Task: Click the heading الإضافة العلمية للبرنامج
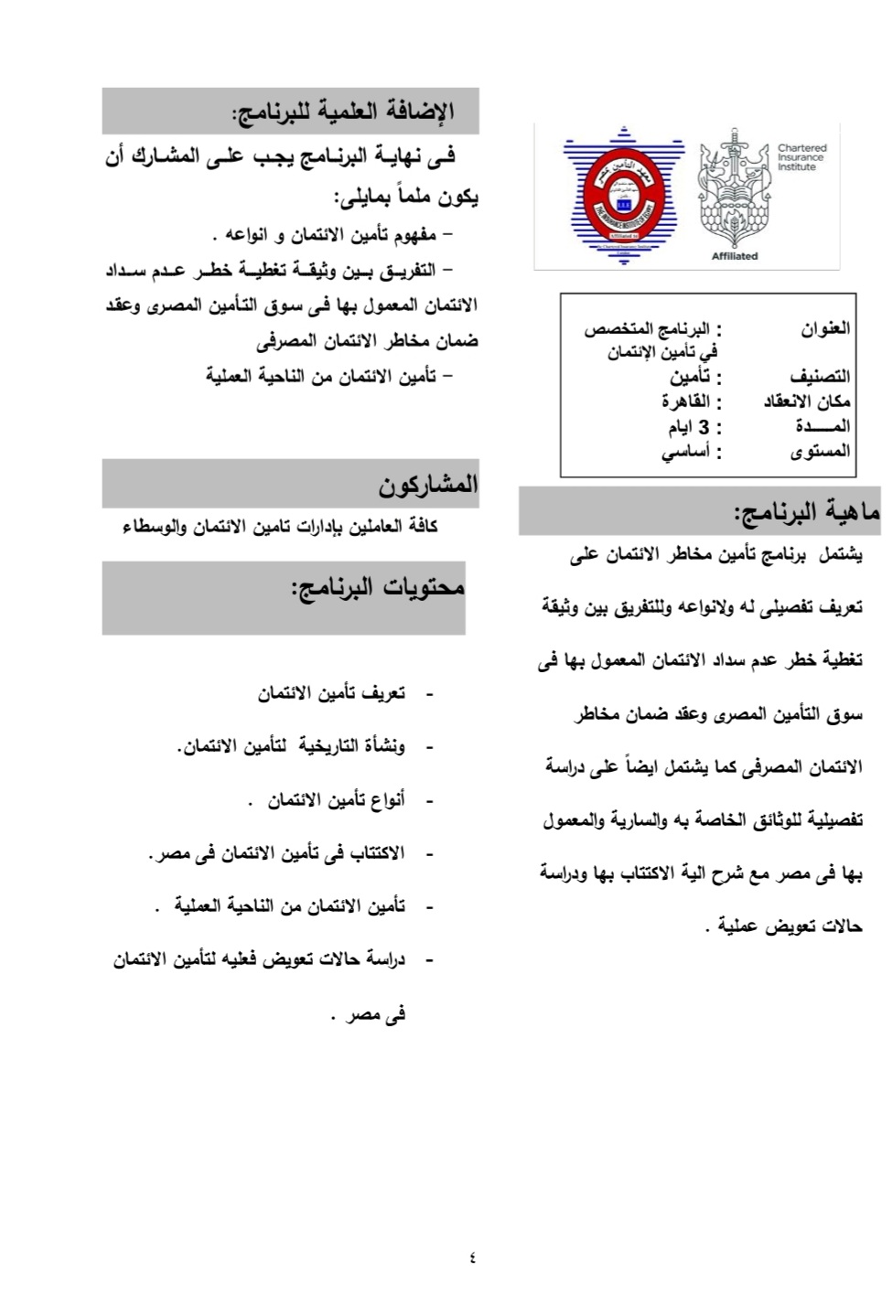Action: [343, 112]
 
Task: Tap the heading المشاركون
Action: [428, 485]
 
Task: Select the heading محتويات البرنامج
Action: [378, 587]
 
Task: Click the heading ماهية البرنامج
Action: [806, 512]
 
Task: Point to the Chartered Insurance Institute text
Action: [802, 157]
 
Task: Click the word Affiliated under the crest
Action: [734, 256]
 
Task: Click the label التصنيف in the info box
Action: [820, 377]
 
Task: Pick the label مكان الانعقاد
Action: [807, 401]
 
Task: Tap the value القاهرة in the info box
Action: [686, 401]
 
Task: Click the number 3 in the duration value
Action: [704, 427]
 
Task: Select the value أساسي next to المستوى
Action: [686, 452]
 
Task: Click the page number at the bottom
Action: [472, 1258]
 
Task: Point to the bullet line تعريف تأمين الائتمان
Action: [330, 694]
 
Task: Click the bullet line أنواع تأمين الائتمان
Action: [336, 801]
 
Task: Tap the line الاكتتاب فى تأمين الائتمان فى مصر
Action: [276, 854]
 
